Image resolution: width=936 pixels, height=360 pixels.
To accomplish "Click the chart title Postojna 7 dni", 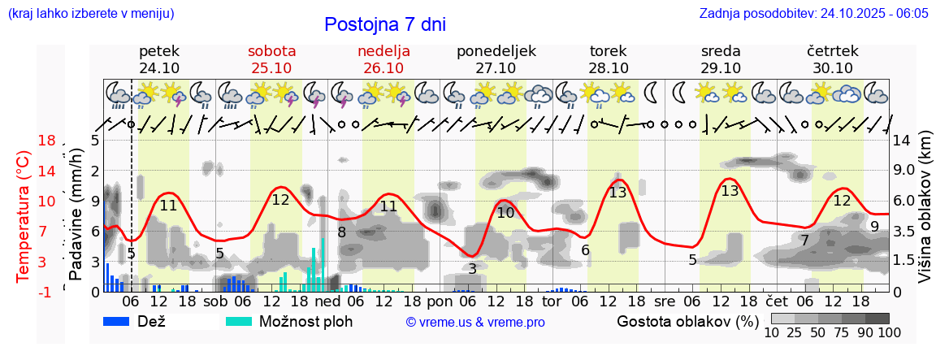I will [x=384, y=24].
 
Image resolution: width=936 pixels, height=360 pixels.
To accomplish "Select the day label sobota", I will [x=271, y=51].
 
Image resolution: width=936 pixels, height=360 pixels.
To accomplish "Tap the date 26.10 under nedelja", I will [x=383, y=68].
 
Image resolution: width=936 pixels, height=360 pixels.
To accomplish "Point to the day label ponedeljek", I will [x=496, y=51].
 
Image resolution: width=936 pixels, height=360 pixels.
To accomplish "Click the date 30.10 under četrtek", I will [x=833, y=68].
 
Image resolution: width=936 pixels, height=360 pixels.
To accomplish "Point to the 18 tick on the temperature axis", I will [x=46, y=141].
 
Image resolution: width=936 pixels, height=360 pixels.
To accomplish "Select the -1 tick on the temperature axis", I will [x=46, y=291].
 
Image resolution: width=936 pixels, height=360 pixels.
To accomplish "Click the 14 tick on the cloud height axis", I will [x=903, y=141].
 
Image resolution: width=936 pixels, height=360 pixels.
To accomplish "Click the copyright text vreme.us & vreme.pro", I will [x=475, y=322].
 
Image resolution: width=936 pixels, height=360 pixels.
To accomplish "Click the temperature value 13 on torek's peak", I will [x=617, y=193].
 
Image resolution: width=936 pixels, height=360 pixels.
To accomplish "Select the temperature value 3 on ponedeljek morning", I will [x=472, y=268].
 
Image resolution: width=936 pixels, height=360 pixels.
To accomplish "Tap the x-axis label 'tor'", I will [x=552, y=301].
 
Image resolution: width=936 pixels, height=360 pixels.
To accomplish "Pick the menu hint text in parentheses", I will [x=90, y=14].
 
